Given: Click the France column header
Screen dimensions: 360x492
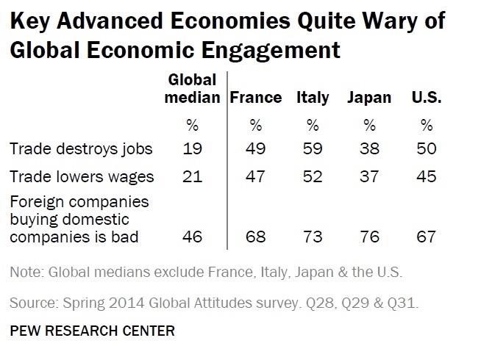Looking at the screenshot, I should point(256,98).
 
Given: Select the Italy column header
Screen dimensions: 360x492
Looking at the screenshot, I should point(313,98).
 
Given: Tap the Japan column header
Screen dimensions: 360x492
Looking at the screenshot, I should point(369,98).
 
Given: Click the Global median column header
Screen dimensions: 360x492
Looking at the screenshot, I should point(193,89).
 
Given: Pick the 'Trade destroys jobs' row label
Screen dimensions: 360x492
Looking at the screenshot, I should point(81,148).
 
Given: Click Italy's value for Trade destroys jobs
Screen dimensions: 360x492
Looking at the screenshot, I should point(313,148).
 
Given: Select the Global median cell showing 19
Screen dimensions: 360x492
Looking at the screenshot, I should point(192,148).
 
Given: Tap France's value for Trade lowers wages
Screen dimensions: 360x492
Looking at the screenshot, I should point(256,176).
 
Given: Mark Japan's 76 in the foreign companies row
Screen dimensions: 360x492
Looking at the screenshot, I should point(369,237).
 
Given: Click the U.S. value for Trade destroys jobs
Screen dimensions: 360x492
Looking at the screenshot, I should point(425,148).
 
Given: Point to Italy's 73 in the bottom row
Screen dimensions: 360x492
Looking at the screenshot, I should point(313,237).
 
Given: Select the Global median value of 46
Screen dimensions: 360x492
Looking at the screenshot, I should point(192,237).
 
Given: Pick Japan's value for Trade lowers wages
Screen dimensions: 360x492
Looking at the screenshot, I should point(369,176).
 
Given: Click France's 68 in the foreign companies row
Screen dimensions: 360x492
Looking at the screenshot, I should point(256,237).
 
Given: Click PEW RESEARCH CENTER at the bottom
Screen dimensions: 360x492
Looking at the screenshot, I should point(93,331).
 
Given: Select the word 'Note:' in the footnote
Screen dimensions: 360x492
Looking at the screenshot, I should point(27,273).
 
